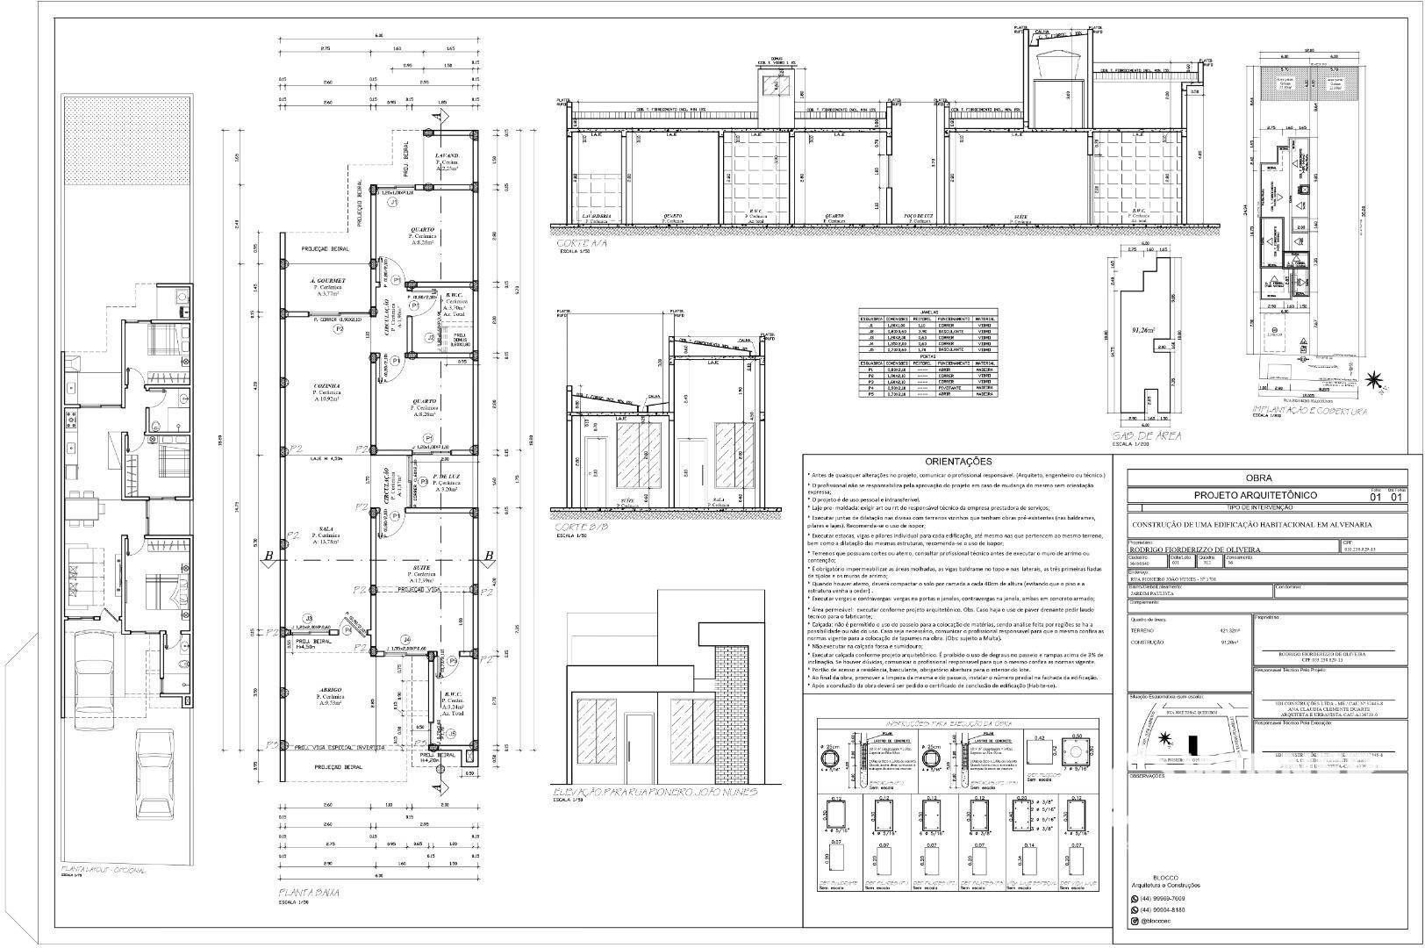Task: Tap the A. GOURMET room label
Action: point(327,281)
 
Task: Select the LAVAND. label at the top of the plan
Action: point(448,155)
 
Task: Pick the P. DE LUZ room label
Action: point(447,475)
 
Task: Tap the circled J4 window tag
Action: point(405,639)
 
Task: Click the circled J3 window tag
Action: point(308,619)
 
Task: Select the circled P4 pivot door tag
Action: point(347,630)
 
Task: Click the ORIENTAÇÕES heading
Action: point(959,462)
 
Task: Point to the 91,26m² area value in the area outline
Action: point(1143,331)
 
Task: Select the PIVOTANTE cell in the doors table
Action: point(953,387)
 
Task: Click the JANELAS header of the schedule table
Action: point(929,312)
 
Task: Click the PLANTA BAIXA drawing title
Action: point(309,893)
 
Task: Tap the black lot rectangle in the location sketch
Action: point(1192,743)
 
